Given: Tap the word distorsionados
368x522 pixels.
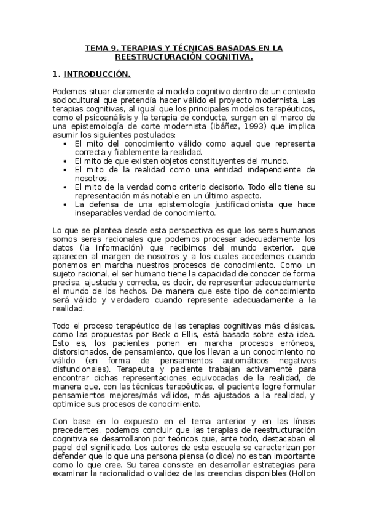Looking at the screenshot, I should [81, 351].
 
